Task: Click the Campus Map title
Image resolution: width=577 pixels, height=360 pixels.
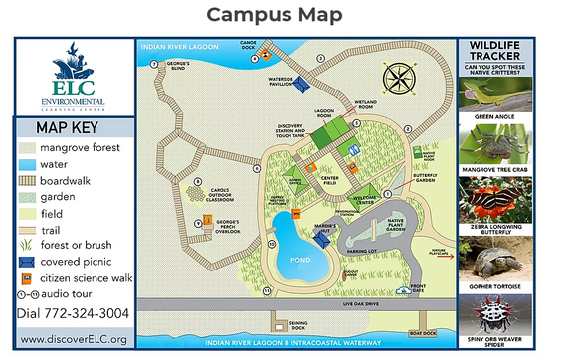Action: pyautogui.click(x=288, y=15)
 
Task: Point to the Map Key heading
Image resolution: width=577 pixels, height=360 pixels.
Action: pyautogui.click(x=74, y=128)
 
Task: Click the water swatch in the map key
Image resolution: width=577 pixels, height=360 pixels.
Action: pyautogui.click(x=27, y=164)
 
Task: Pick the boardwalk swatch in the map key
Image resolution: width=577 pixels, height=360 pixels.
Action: pyautogui.click(x=27, y=180)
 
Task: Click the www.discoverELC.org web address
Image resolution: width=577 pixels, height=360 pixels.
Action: pyautogui.click(x=74, y=340)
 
